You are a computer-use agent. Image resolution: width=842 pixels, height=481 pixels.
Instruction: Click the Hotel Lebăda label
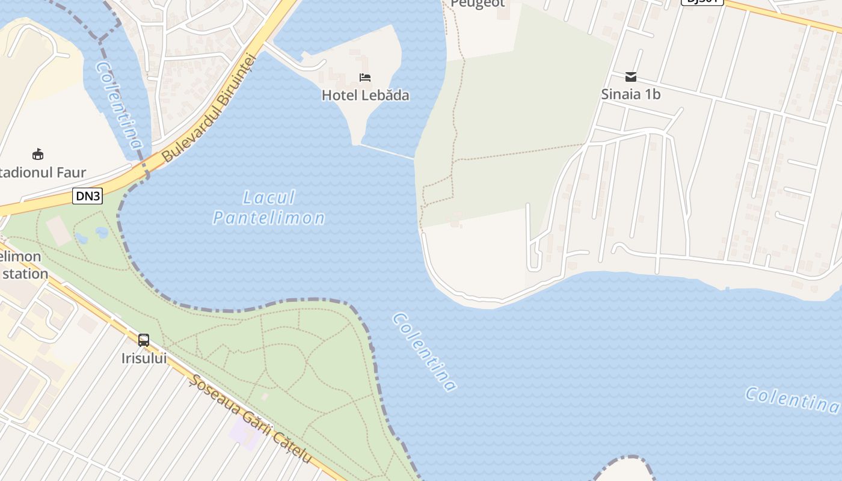click(365, 95)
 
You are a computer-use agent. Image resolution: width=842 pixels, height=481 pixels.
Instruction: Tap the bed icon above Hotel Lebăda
click(365, 78)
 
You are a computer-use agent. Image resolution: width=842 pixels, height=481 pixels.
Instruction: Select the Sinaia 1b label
click(631, 94)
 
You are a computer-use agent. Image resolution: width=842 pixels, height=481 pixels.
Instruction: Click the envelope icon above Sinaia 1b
click(631, 77)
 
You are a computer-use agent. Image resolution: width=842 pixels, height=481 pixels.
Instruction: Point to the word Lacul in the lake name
click(269, 198)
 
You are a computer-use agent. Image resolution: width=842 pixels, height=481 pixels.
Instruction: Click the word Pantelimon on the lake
click(269, 218)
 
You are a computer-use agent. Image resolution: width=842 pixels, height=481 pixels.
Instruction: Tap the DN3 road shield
click(88, 195)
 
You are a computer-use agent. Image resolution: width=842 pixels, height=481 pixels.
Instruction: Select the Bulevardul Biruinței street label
click(210, 108)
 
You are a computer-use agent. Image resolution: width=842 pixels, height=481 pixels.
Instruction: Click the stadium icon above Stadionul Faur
click(38, 155)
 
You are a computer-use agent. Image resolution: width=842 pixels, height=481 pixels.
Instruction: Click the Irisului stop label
click(144, 358)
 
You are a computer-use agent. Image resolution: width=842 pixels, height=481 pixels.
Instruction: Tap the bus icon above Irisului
click(144, 340)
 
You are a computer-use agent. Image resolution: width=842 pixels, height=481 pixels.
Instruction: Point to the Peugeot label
click(478, 4)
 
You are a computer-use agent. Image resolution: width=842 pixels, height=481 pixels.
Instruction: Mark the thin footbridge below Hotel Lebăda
click(387, 151)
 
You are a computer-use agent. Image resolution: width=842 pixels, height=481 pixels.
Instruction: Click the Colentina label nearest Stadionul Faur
click(119, 105)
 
